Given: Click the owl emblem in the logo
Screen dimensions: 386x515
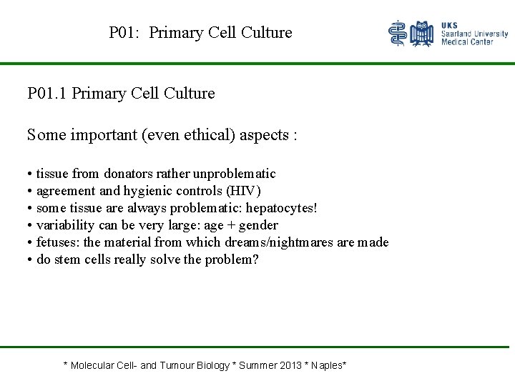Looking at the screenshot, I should pos(423,34).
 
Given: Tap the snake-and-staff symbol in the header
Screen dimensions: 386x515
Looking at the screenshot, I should pos(398,33).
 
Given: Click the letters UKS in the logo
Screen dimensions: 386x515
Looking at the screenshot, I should pos(450,25).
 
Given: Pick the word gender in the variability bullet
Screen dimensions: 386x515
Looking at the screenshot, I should pos(258,225).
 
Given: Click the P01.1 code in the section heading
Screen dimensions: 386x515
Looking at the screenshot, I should pos(48,94).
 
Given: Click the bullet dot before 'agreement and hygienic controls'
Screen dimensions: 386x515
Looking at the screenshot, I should pos(30,192).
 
